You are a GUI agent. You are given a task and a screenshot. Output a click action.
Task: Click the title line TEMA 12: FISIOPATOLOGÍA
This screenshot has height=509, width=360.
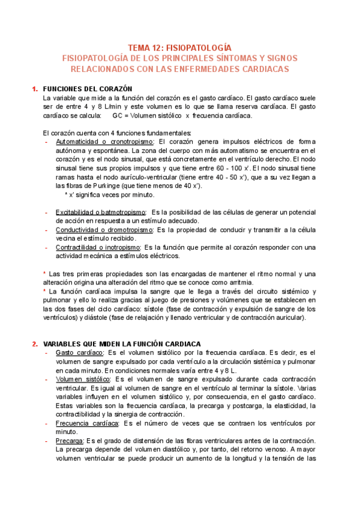[179, 47]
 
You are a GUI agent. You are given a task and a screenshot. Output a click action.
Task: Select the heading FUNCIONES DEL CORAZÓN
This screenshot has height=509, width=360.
[88, 89]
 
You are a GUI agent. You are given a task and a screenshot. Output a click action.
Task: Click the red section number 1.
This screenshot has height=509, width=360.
[34, 89]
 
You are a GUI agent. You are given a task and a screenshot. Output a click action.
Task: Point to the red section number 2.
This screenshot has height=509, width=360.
[34, 343]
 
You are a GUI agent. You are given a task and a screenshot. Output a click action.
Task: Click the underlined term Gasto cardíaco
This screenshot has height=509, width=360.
[80, 353]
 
